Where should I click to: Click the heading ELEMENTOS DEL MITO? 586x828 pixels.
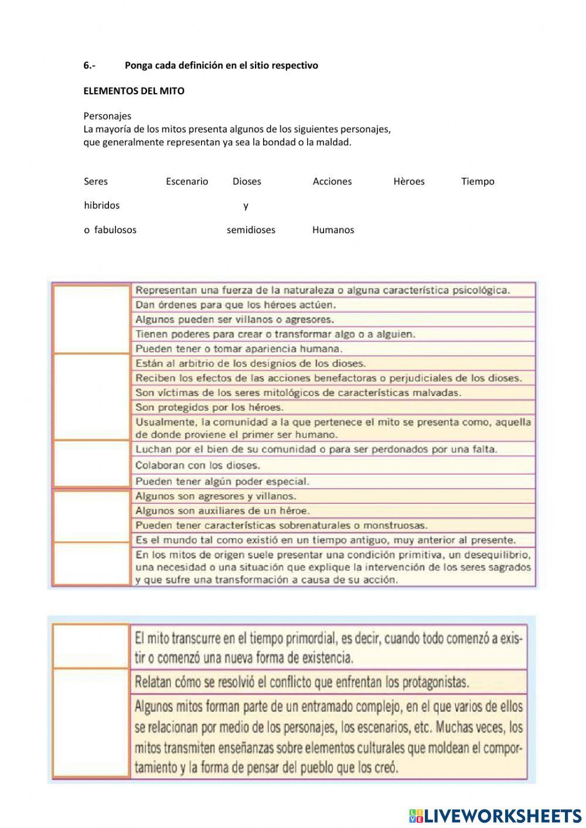pos(134,91)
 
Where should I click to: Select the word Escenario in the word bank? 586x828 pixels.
pos(187,181)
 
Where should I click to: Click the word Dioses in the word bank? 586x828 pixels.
pos(247,181)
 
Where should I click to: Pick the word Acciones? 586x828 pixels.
pos(332,181)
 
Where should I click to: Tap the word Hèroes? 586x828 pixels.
pos(409,181)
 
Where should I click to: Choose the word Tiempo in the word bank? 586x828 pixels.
pos(478,181)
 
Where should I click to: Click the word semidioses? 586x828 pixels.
pos(251,230)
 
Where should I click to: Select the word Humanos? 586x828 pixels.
pos(333,230)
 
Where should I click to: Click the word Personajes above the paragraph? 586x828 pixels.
pos(107,116)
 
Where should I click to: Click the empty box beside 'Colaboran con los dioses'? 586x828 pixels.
pos(91,464)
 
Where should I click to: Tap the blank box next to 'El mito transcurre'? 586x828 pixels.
pos(91,646)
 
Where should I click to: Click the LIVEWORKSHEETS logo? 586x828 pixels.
pos(495,815)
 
